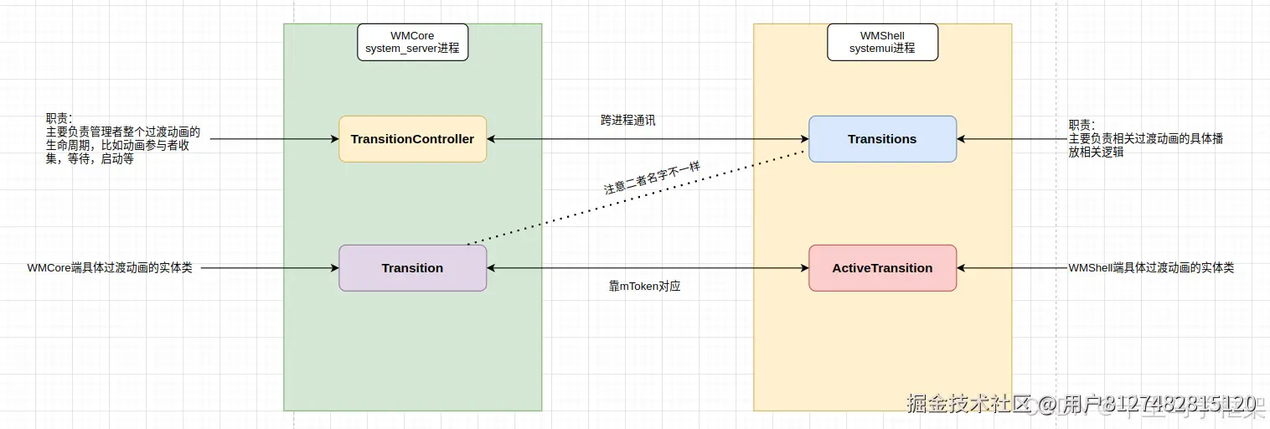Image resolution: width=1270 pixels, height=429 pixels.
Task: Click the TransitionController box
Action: point(412,139)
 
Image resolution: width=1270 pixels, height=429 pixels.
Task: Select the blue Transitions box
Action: point(882,139)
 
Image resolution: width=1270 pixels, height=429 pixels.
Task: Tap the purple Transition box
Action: point(412,268)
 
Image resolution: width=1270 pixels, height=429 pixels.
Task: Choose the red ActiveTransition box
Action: point(882,268)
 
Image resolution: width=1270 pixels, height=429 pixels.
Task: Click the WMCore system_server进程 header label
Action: point(412,42)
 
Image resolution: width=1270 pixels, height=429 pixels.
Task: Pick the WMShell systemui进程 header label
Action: point(882,42)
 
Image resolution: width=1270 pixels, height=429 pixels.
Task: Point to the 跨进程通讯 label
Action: point(627,121)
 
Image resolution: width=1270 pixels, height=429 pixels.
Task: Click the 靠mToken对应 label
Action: point(644,287)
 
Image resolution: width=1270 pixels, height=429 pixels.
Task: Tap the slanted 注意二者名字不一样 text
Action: point(651,178)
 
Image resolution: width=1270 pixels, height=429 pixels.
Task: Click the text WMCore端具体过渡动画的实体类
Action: point(110,268)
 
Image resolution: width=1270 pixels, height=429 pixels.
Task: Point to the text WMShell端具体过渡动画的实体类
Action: point(1151,268)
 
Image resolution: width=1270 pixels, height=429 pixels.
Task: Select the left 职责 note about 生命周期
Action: point(123,139)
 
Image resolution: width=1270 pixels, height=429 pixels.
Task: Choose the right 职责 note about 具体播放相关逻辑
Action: point(1145,139)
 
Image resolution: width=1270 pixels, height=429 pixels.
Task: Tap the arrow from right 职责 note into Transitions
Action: point(1009,139)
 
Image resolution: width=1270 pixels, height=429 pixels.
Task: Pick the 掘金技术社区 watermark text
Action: point(968,404)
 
